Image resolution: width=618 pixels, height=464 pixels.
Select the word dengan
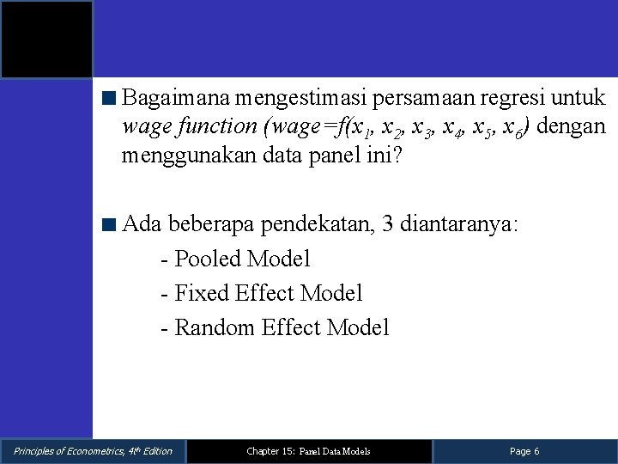point(573,126)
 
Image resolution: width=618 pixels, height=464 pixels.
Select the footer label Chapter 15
point(270,451)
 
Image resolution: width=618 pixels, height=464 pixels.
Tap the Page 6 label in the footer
point(524,451)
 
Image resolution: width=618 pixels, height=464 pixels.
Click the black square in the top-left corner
point(46,40)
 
